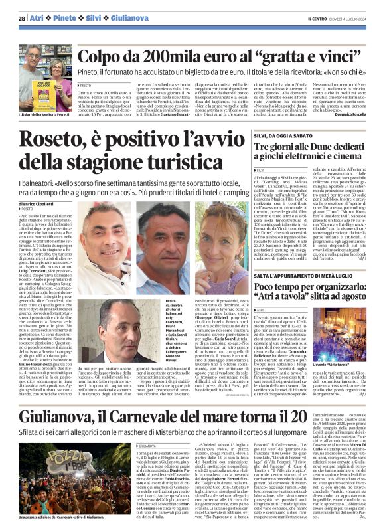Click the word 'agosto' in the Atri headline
click(x=350, y=296)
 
